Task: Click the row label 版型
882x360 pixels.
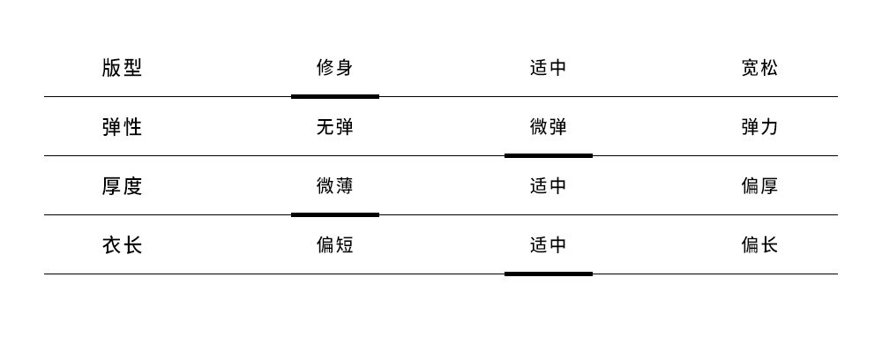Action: click(122, 68)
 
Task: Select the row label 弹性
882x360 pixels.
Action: click(122, 127)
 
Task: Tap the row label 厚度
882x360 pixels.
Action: click(122, 186)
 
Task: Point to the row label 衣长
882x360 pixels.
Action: click(122, 245)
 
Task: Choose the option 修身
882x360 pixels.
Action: click(334, 68)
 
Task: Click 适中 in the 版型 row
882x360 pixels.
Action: click(549, 68)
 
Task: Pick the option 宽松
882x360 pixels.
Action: click(760, 68)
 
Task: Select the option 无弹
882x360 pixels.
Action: click(334, 127)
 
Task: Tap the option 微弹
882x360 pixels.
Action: click(549, 127)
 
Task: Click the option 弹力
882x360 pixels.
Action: click(760, 127)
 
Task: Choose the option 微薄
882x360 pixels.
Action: click(334, 186)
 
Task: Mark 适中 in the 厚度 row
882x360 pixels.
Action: click(549, 186)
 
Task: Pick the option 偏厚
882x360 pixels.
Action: click(760, 186)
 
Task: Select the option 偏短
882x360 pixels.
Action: click(334, 245)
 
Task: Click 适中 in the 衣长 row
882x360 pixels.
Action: click(549, 245)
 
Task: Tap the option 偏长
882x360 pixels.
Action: click(760, 245)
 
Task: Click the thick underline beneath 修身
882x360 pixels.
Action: click(335, 97)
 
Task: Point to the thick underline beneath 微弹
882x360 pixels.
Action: click(549, 156)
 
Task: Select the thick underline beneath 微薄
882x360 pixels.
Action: click(335, 215)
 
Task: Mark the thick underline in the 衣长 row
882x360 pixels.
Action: click(549, 274)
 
